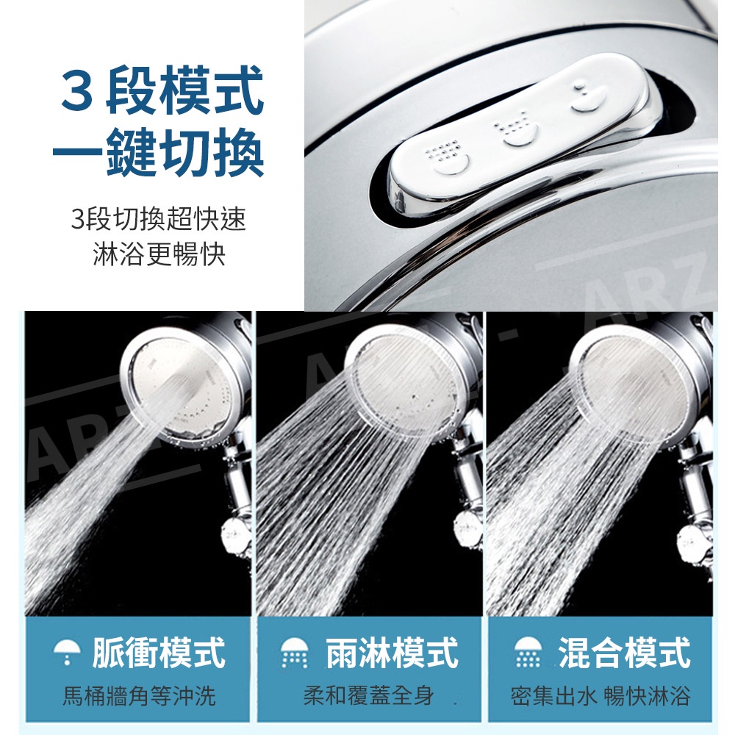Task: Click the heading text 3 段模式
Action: (x=162, y=90)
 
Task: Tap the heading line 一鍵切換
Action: (x=159, y=152)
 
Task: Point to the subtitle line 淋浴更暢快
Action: (x=159, y=254)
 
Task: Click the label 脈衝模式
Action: (x=159, y=652)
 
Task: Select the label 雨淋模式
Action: (x=392, y=652)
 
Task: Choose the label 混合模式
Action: (x=624, y=652)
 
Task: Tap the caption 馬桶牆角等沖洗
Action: (x=139, y=695)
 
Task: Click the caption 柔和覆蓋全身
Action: (x=368, y=695)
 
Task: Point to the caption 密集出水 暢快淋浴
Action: (x=600, y=695)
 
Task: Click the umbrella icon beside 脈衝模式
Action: (x=67, y=652)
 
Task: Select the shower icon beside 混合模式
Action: (x=527, y=652)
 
